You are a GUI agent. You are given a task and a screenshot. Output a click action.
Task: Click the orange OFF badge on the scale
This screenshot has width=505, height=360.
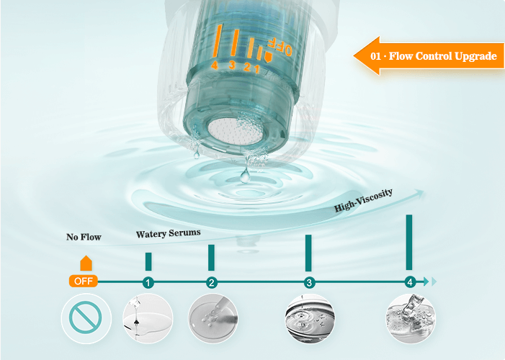click(x=83, y=281)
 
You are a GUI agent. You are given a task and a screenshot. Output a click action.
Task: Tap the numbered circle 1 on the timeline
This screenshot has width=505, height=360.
click(x=148, y=283)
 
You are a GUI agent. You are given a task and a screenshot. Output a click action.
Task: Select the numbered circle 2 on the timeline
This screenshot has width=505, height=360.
click(x=211, y=283)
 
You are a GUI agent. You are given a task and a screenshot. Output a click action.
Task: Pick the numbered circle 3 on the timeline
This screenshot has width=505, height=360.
click(x=309, y=283)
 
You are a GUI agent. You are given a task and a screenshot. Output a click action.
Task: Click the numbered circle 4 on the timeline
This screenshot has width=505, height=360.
click(x=410, y=282)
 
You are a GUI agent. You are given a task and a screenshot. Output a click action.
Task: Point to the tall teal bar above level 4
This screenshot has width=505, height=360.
click(x=409, y=242)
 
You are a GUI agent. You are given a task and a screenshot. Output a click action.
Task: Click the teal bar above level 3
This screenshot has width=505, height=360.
click(x=308, y=253)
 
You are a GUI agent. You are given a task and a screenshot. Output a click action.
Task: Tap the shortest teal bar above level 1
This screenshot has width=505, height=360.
click(x=148, y=261)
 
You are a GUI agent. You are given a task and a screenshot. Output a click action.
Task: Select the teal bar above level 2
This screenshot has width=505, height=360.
click(x=211, y=258)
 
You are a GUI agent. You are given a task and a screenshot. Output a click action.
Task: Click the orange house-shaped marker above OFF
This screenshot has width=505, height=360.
click(x=86, y=263)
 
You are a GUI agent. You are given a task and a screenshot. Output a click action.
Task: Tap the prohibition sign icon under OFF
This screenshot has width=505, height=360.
click(x=86, y=318)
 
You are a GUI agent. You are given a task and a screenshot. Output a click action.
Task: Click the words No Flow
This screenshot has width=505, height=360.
click(x=84, y=237)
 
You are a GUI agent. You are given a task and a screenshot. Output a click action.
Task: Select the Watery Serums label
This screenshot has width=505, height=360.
click(x=168, y=233)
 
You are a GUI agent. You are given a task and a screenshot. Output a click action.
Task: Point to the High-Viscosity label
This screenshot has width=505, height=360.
click(x=363, y=200)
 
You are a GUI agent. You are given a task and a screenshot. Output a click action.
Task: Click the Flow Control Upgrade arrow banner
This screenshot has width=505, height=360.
click(x=429, y=56)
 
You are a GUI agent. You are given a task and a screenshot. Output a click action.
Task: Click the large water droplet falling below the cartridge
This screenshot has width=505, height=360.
click(x=246, y=176)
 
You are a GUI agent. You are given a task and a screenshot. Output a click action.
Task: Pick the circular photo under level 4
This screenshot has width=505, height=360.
click(x=411, y=318)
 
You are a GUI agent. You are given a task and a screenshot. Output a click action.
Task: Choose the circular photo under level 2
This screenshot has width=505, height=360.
click(x=213, y=318)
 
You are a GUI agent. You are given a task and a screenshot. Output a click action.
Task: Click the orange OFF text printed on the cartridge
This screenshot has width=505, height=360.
click(x=280, y=46)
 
